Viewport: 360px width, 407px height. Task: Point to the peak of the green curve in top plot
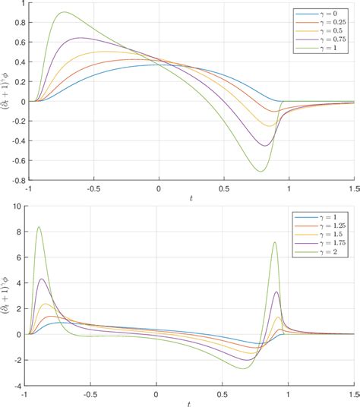pyautogui.click(x=63, y=12)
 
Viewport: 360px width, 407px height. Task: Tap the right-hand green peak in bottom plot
pyautogui.click(x=274, y=242)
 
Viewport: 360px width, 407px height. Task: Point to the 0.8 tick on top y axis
pyautogui.click(x=20, y=23)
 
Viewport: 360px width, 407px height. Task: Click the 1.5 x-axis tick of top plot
pyautogui.click(x=352, y=188)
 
